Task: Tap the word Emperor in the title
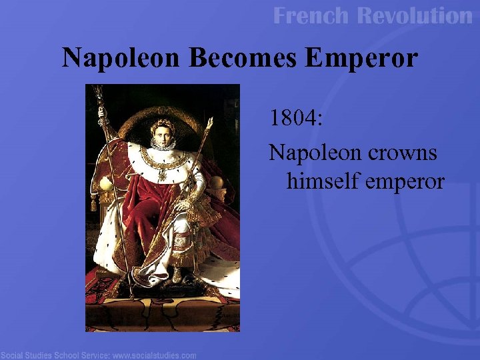click(x=360, y=58)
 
